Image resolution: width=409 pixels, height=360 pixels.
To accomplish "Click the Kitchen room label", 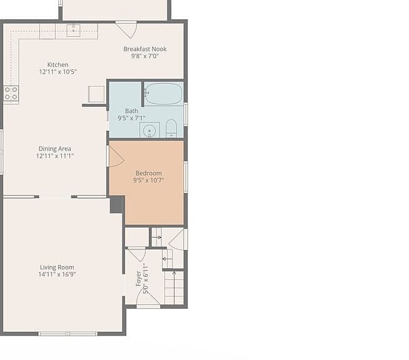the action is coord(58,64).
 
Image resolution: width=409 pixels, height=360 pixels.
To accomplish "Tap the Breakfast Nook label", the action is coord(145,49).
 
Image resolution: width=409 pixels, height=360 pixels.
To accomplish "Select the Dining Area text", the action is coord(55,149).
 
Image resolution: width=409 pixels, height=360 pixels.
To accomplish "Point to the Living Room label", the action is coord(57,267).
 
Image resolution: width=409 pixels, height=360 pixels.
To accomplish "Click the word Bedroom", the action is coord(149,173).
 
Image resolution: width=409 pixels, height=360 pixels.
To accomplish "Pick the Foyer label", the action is coord(139,278).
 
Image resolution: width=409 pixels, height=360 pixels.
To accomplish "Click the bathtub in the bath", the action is coord(164,94).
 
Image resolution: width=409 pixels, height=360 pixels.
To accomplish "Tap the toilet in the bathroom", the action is coord(171,128).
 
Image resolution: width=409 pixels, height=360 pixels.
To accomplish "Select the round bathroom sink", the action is coord(149,130).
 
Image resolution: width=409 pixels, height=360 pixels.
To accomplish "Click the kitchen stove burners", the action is coord(11,93).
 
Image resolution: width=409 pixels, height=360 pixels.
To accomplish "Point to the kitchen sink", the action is coord(73,31).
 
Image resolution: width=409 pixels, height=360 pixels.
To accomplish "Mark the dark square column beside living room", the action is coord(116,205).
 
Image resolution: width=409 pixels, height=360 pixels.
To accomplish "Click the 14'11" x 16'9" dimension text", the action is coord(57,274).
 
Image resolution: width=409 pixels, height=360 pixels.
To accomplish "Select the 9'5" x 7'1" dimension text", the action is coord(131,118).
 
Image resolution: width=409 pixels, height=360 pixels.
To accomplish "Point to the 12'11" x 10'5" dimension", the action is coord(58,72).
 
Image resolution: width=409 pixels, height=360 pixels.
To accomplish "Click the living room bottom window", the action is coord(68,334).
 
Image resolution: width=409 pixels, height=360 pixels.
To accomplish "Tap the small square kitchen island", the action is coord(96,94).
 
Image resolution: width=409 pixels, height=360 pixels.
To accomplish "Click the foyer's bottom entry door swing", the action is coord(148,297).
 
